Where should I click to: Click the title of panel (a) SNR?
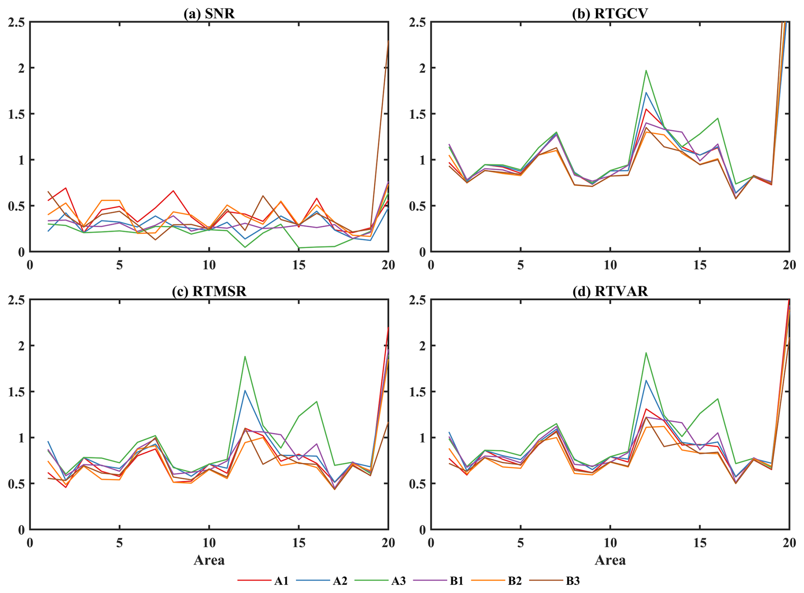(209, 14)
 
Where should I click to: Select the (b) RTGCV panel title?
(610, 14)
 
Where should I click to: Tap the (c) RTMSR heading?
(209, 291)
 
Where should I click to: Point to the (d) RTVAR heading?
(610, 291)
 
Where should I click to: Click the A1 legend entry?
(281, 581)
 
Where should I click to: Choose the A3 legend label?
(398, 581)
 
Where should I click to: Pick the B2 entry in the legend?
(515, 581)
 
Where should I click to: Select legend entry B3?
(573, 581)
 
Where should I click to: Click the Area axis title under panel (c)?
(209, 560)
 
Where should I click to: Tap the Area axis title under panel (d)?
(610, 560)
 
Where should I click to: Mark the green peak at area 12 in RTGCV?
(646, 71)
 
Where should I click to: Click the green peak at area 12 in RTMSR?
(245, 356)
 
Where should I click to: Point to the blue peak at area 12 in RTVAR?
(646, 381)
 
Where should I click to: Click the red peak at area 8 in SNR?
(173, 191)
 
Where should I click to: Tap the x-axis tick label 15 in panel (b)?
(699, 265)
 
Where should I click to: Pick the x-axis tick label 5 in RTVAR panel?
(521, 542)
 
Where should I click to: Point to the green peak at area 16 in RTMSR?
(317, 401)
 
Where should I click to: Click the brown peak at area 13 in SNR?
(263, 196)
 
